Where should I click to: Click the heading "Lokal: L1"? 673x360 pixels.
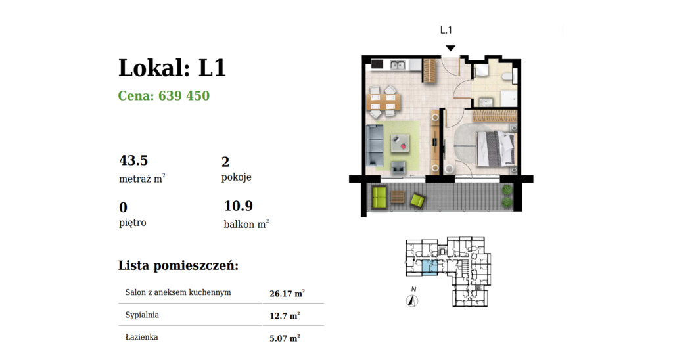172,68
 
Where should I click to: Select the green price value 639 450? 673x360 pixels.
164,96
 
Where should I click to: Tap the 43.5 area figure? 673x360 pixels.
133,160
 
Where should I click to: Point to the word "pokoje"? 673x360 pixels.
237,177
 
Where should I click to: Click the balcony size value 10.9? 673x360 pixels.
238,206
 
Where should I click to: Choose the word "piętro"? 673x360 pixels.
133,223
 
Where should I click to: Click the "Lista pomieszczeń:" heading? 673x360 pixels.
178,266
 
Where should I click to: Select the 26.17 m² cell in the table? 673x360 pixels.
287,294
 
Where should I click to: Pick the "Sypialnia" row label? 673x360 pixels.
142,315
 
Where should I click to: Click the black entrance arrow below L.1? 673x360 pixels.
450,48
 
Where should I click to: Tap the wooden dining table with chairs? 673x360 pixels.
383,99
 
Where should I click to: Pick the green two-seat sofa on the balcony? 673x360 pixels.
379,196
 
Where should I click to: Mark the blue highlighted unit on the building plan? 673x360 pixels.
428,267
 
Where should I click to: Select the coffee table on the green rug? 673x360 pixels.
400,141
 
